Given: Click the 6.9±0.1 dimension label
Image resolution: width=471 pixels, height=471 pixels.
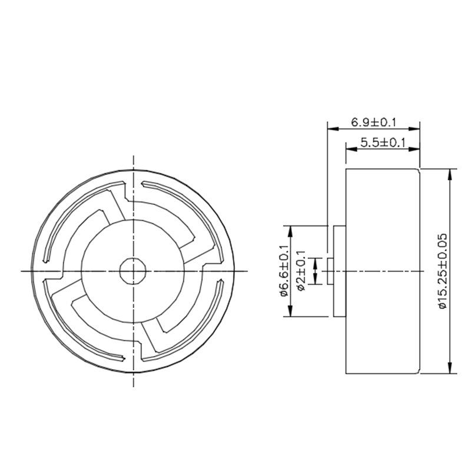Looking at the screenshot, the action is [374, 122].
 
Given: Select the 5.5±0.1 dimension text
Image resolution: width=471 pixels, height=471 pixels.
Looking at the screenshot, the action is [383, 142].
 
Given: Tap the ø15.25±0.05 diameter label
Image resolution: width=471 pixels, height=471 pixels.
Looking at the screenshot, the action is [443, 271].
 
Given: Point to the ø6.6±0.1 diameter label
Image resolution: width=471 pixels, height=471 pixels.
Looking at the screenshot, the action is [284, 271].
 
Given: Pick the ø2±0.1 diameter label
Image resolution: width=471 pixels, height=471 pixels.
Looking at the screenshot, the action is [301, 271].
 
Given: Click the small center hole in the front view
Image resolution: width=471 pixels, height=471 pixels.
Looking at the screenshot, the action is [133, 271].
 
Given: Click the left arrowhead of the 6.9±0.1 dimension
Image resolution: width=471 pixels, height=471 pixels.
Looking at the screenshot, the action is [333, 129].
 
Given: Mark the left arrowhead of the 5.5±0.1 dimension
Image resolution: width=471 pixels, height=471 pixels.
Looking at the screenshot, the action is [351, 149].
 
